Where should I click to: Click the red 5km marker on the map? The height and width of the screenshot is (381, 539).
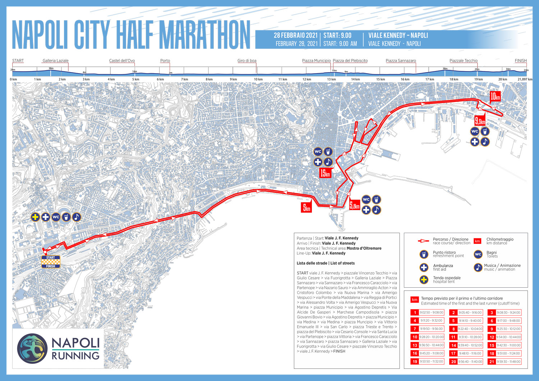coord(306,208)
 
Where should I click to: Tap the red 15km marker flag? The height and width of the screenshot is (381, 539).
coord(325,173)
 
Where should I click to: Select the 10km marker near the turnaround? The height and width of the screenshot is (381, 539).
coord(495,96)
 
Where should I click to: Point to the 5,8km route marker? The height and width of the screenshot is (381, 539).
coord(354,205)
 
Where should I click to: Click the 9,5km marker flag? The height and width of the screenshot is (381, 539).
coord(480,121)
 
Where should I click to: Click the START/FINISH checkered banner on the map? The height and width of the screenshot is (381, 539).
coord(51,262)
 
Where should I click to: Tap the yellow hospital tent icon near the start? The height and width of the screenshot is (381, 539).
coord(35,217)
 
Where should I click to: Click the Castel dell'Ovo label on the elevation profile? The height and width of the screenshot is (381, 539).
coord(122,61)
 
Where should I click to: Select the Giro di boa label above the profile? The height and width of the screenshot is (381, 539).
coord(247,61)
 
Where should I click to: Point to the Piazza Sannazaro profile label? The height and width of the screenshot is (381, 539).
coord(401,61)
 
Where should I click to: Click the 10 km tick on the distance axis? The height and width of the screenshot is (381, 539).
coord(258,79)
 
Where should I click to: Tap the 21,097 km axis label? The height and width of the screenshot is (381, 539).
coord(525,79)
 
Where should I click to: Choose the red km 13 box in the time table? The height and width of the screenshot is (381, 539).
coord(415,345)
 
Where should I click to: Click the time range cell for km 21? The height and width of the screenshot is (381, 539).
coord(508,362)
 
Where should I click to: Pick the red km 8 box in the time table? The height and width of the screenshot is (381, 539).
coord(453,329)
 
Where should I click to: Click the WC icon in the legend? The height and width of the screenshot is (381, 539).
coord(478,254)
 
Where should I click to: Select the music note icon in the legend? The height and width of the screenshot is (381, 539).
coord(478,267)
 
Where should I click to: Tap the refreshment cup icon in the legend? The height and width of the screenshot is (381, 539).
coord(424,254)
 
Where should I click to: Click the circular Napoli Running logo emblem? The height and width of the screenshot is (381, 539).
coord(32,348)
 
